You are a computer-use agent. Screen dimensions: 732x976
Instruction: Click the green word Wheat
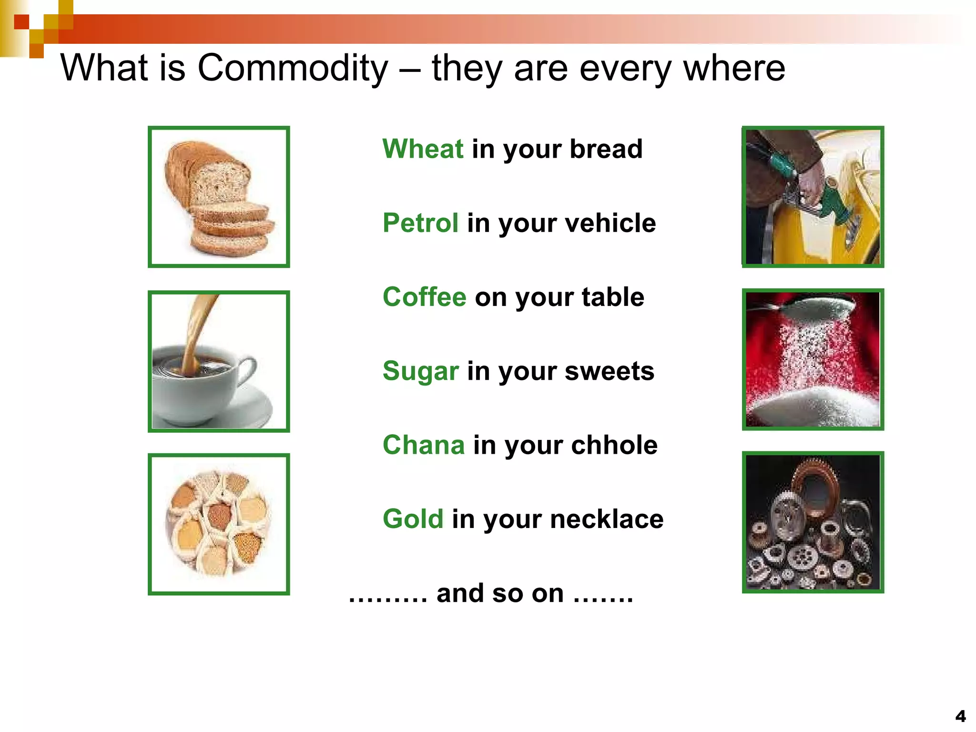click(423, 149)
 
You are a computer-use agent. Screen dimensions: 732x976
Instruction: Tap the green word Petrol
click(421, 223)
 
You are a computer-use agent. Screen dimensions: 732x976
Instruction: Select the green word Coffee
click(424, 297)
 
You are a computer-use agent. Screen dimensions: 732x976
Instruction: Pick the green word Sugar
click(421, 371)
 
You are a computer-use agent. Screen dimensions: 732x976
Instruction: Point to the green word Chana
click(424, 445)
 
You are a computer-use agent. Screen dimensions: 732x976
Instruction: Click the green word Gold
click(413, 518)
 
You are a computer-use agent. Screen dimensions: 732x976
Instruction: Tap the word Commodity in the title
click(293, 68)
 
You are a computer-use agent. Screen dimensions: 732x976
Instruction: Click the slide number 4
click(960, 716)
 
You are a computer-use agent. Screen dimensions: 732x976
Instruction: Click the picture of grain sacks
click(219, 524)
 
